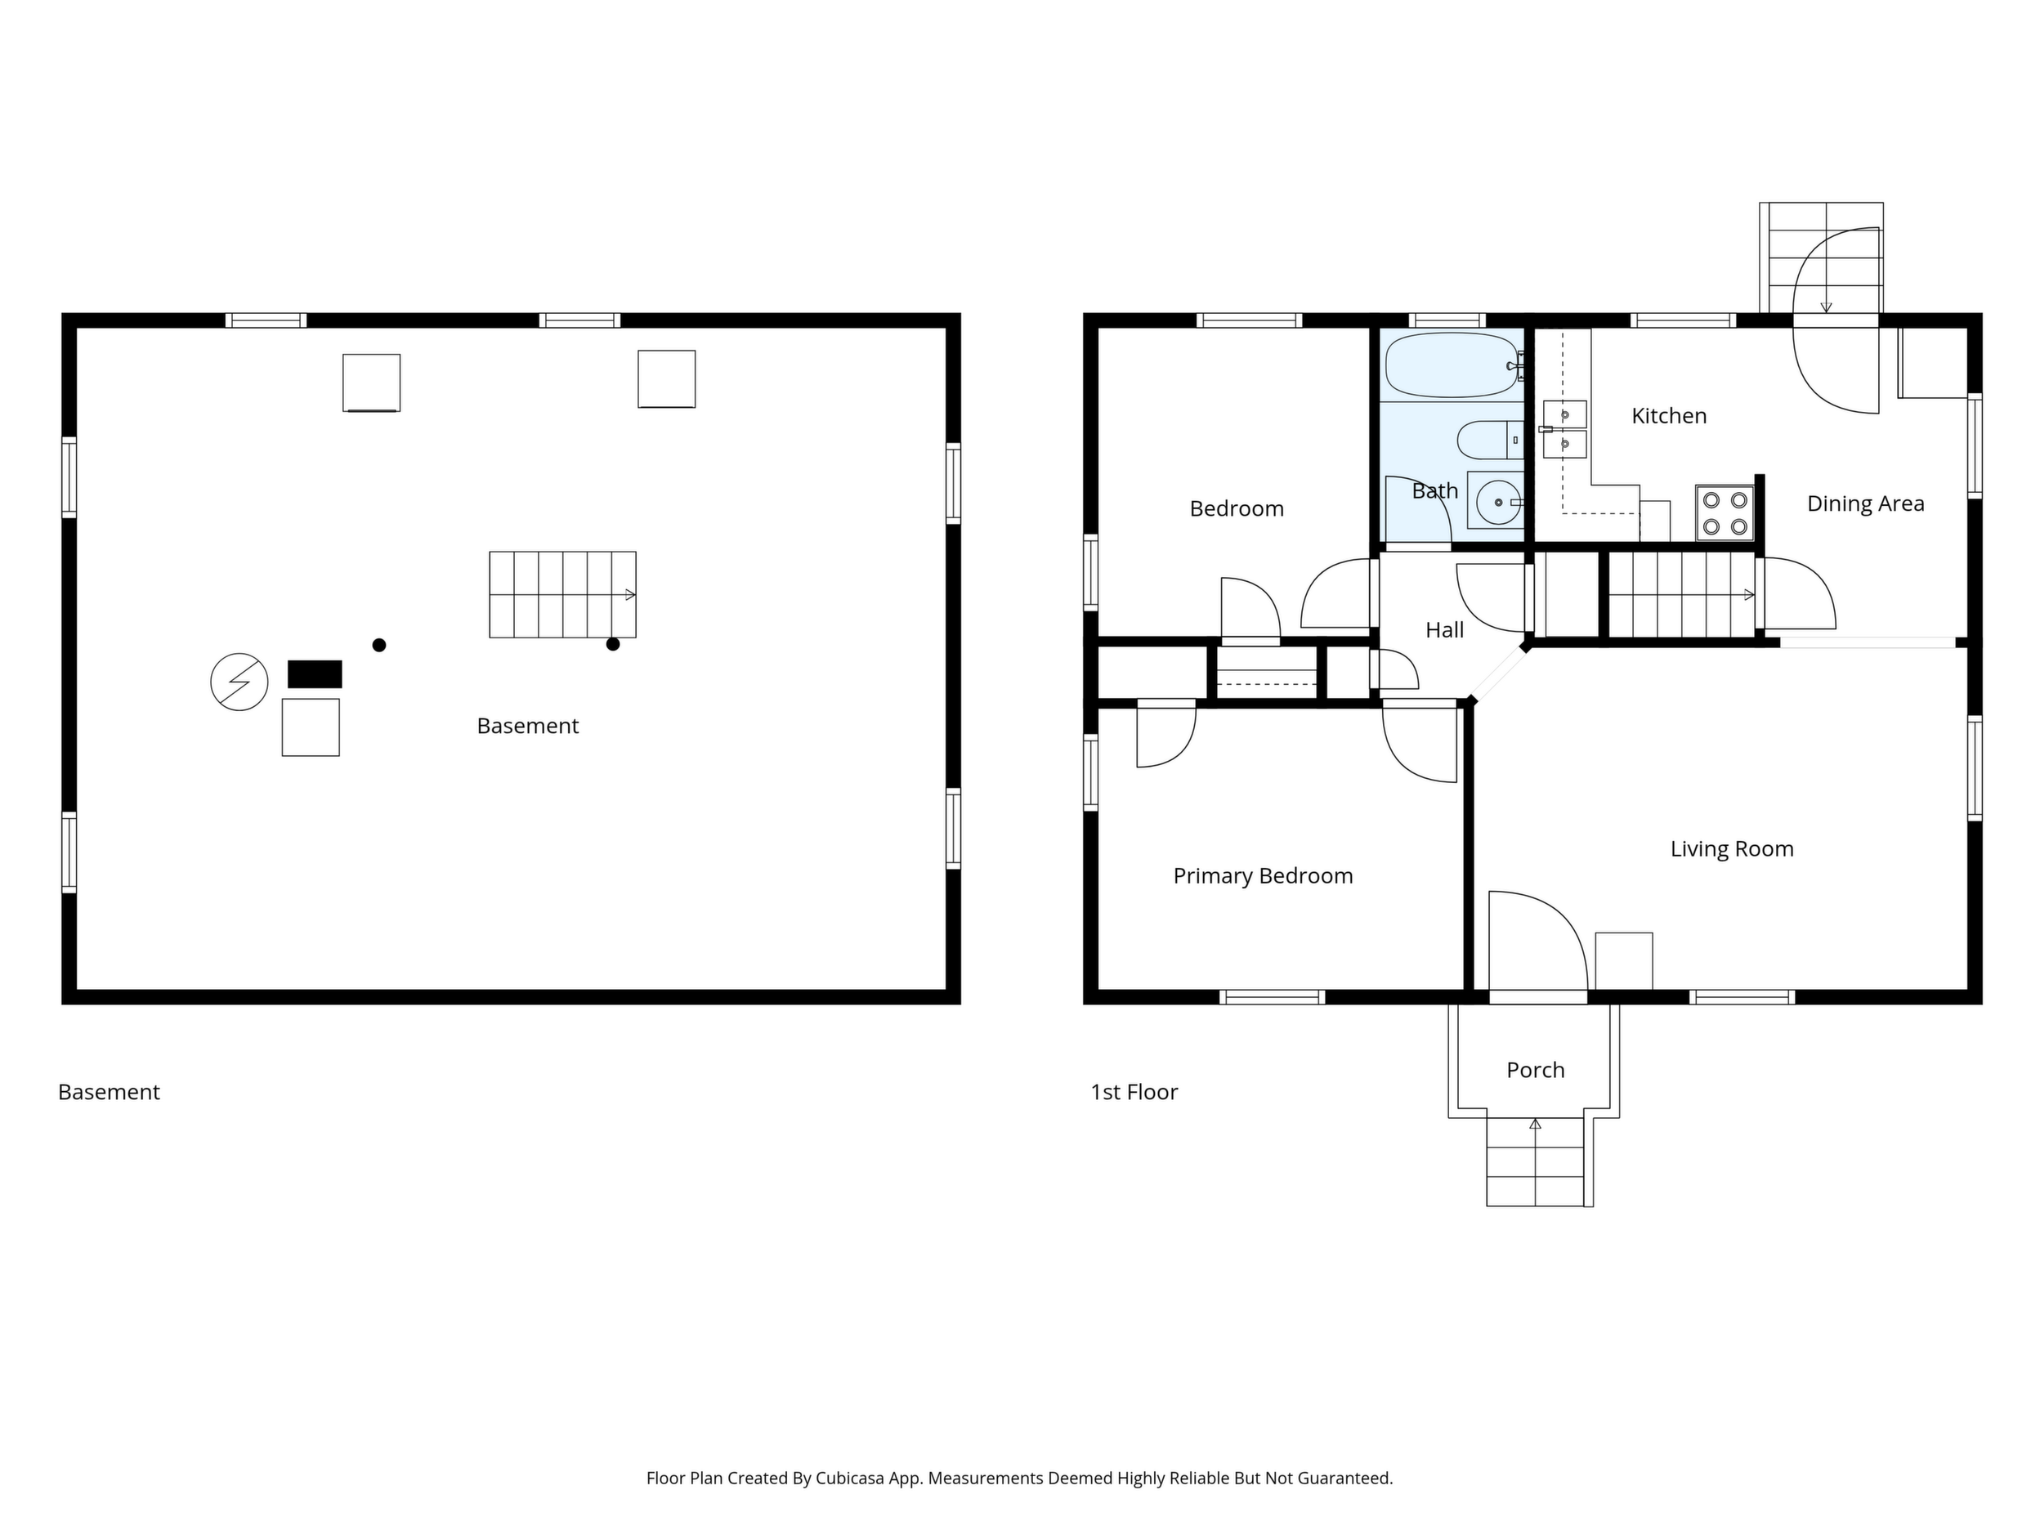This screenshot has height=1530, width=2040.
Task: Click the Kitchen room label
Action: pyautogui.click(x=1668, y=416)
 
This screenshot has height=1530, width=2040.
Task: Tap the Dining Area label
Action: pyautogui.click(x=1865, y=503)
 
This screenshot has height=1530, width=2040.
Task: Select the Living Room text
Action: pyautogui.click(x=1732, y=849)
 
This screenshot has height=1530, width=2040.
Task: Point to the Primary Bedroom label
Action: pyautogui.click(x=1263, y=876)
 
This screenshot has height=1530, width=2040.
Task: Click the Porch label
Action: pyautogui.click(x=1536, y=1070)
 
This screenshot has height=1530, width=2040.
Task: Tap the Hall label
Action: pyautogui.click(x=1444, y=630)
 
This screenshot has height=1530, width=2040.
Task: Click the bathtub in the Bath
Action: pyautogui.click(x=1452, y=365)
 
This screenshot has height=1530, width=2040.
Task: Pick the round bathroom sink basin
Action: pyautogui.click(x=1498, y=502)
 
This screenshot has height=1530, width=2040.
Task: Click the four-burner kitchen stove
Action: pyautogui.click(x=1725, y=512)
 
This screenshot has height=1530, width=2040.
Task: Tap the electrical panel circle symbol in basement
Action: pyautogui.click(x=239, y=682)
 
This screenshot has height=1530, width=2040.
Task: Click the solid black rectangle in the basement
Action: pyautogui.click(x=315, y=674)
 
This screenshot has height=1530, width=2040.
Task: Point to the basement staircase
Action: pyautogui.click(x=562, y=595)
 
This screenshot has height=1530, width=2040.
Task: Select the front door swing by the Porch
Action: pyautogui.click(x=1537, y=942)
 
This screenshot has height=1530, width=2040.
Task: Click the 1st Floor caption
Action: pyautogui.click(x=1134, y=1092)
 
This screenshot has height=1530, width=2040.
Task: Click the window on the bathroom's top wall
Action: pyautogui.click(x=1447, y=320)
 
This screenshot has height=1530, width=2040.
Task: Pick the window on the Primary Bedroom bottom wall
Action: pyautogui.click(x=1272, y=997)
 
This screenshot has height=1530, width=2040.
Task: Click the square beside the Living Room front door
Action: pyautogui.click(x=1624, y=961)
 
